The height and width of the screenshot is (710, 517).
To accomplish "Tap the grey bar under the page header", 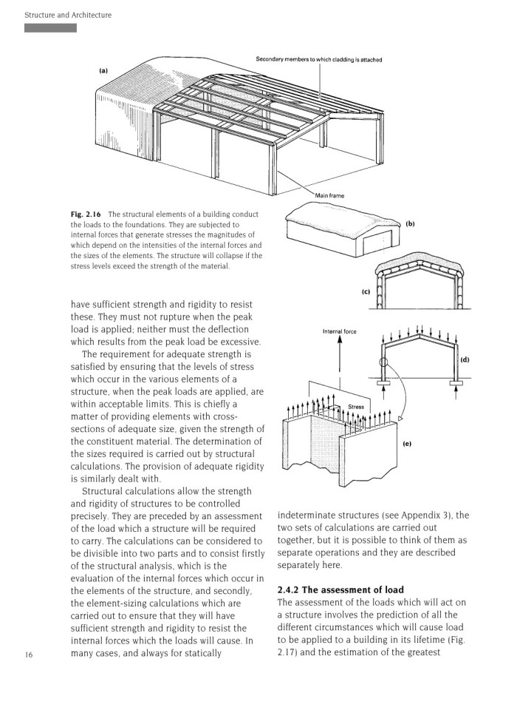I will pyautogui.click(x=50, y=28).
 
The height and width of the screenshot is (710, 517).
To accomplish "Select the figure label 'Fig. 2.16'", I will pyautogui.click(x=87, y=214).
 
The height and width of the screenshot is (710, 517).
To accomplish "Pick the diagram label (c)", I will pyautogui.click(x=366, y=291).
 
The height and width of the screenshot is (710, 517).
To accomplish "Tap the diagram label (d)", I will pyautogui.click(x=465, y=359).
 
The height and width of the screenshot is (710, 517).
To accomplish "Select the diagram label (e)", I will pyautogui.click(x=407, y=444).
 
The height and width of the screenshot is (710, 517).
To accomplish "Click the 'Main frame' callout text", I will pyautogui.click(x=330, y=195).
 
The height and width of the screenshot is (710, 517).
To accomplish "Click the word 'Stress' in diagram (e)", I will pyautogui.click(x=356, y=406).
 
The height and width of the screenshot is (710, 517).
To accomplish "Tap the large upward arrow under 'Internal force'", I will pyautogui.click(x=339, y=362).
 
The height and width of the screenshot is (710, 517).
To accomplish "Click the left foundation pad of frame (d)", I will pyautogui.click(x=383, y=385).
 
